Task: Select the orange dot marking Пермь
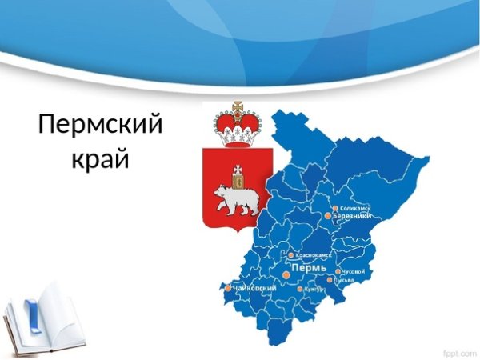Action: point(286,274)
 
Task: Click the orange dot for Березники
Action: point(328,215)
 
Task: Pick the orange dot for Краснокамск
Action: point(290,256)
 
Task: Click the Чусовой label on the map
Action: point(353,272)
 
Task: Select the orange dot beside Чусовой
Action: point(338,272)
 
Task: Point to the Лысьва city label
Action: point(352,281)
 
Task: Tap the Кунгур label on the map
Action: point(315,290)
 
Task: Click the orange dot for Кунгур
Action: point(299,290)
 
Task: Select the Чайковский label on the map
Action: point(255,287)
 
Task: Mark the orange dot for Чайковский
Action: point(228,288)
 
